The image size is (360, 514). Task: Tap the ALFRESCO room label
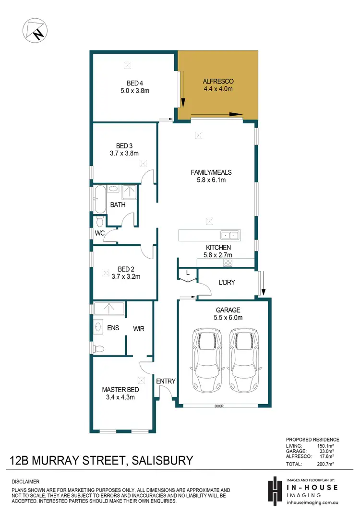click(x=218, y=82)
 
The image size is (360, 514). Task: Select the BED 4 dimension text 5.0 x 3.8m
click(x=134, y=90)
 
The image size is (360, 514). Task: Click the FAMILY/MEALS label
click(x=208, y=172)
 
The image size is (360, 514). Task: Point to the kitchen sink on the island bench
click(x=229, y=235)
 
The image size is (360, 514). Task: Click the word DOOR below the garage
click(x=219, y=406)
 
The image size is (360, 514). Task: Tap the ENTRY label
click(x=166, y=381)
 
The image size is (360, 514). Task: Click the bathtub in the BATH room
click(x=99, y=200)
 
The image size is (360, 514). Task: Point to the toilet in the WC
click(x=99, y=221)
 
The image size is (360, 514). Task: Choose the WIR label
click(x=139, y=329)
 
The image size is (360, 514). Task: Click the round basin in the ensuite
click(x=98, y=327)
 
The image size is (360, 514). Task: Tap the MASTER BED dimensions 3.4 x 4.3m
click(x=120, y=397)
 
